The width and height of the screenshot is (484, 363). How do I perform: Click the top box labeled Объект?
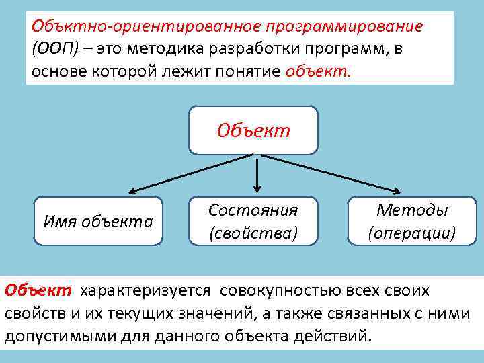tap(253, 130)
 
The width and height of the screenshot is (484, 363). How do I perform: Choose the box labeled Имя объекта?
tap(98, 221)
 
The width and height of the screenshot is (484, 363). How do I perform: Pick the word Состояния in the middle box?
tap(253, 209)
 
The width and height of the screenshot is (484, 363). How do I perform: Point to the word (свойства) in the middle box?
tap(253, 233)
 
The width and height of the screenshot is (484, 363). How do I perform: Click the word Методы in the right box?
tap(412, 209)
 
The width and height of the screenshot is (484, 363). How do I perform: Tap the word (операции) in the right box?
tap(412, 233)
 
